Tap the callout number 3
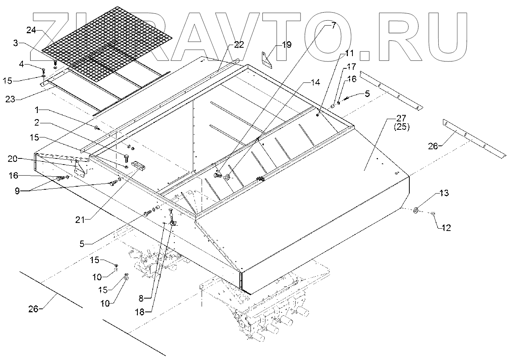(x=16, y=43)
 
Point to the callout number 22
(x=238, y=45)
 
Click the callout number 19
(x=286, y=45)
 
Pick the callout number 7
(x=333, y=26)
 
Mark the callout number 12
(x=446, y=228)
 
